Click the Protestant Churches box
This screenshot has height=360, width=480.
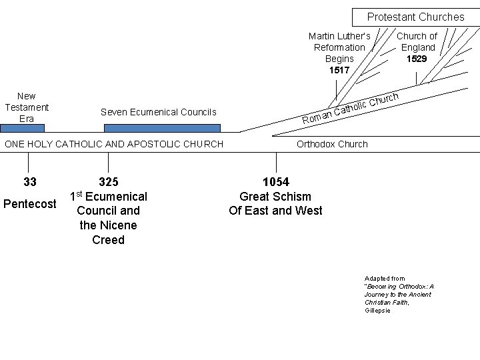415,17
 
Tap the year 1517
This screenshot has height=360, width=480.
339,70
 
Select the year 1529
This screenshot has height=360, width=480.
417,59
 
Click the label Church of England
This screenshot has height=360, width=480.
417,41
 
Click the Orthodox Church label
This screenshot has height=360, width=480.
331,144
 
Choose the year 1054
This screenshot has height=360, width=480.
276,182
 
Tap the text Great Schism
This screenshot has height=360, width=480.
275,197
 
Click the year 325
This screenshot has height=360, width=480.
108,182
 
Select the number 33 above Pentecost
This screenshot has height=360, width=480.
29,182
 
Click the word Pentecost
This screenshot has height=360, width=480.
30,203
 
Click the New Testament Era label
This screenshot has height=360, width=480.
27,107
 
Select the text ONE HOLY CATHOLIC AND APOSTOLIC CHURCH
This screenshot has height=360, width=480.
114,144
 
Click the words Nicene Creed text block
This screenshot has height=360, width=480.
108,233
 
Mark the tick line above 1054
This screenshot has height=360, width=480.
277,162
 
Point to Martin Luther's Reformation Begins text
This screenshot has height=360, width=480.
339,47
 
